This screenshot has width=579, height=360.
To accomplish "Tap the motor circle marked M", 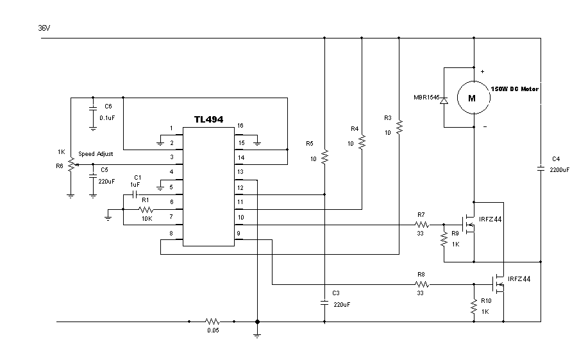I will click(472, 98).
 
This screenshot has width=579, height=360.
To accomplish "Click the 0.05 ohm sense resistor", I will click(212, 321).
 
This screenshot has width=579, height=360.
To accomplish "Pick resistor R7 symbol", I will click(421, 225).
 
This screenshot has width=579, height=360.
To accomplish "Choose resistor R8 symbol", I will click(421, 283).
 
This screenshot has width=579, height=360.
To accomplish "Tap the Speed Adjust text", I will click(96, 155).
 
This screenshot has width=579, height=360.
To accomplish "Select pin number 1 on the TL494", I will click(171, 128).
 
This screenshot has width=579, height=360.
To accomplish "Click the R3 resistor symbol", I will click(399, 128).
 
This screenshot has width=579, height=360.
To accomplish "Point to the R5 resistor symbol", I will click(324, 156).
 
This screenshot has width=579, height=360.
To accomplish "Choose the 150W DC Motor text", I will click(515, 89).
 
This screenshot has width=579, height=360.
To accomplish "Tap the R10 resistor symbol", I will click(473, 309).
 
